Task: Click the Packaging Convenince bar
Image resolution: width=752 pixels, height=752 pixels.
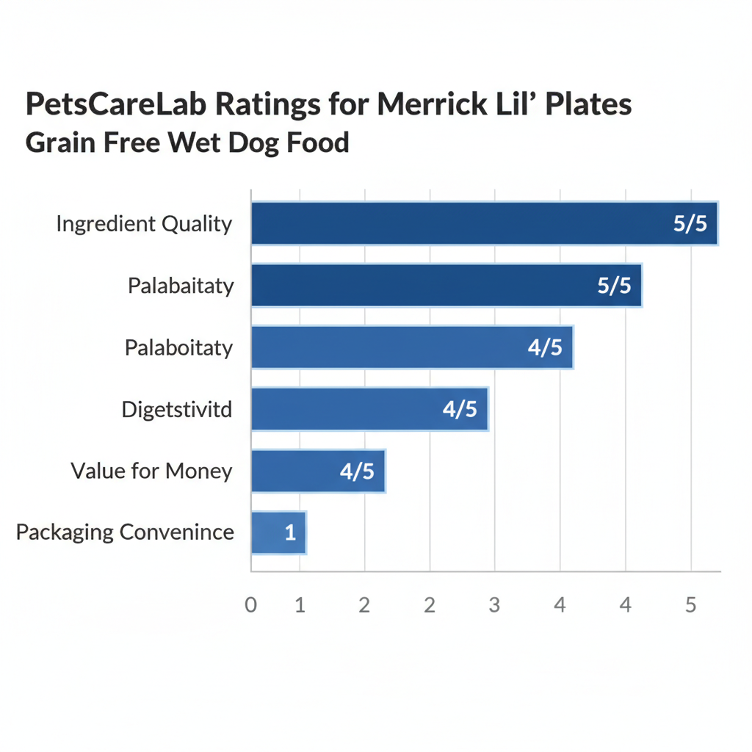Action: point(272,532)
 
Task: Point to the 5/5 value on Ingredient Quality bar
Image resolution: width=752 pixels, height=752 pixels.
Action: point(690,223)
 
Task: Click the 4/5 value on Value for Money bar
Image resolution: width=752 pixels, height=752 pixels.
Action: point(357,471)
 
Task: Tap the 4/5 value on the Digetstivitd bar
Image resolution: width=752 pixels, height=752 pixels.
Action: point(460,409)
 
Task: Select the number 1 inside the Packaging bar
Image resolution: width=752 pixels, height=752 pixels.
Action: point(290,533)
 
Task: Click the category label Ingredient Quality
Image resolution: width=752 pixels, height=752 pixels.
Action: point(144,223)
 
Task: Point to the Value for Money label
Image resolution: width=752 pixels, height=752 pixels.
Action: point(151,471)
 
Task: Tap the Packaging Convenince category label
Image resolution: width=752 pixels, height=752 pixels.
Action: point(125,532)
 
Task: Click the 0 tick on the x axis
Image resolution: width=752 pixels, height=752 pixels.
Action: point(251,605)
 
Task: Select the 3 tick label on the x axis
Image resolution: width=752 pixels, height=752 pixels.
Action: point(494,605)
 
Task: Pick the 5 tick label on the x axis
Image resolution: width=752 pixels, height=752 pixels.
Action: point(690,605)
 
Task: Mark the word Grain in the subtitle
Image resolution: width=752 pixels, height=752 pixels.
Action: point(62,142)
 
